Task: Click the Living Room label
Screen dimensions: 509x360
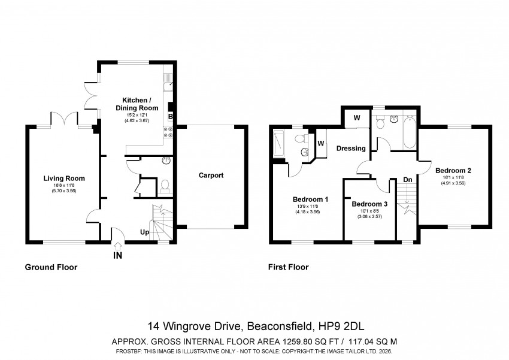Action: click(x=64, y=179)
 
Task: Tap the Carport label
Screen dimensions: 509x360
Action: click(x=211, y=176)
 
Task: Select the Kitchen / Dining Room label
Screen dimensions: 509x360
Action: click(x=137, y=104)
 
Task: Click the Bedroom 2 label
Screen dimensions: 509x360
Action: click(x=453, y=171)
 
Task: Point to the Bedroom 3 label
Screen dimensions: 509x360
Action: click(x=369, y=204)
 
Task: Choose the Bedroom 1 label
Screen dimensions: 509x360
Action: click(x=310, y=199)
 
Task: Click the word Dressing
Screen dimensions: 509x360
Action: click(x=351, y=149)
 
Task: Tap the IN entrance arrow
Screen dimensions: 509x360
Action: click(x=118, y=246)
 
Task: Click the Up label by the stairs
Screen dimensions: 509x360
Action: click(x=145, y=232)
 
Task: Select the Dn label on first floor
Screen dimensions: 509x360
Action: click(x=408, y=180)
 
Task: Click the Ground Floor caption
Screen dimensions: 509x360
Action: click(x=51, y=267)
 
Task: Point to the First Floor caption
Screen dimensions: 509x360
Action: click(x=288, y=267)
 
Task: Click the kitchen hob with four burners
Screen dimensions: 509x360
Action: click(x=168, y=132)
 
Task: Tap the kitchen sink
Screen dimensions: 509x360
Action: click(x=168, y=83)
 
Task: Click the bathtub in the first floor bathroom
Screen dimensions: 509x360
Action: click(x=410, y=132)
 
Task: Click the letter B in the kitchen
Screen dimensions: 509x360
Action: click(x=171, y=116)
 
